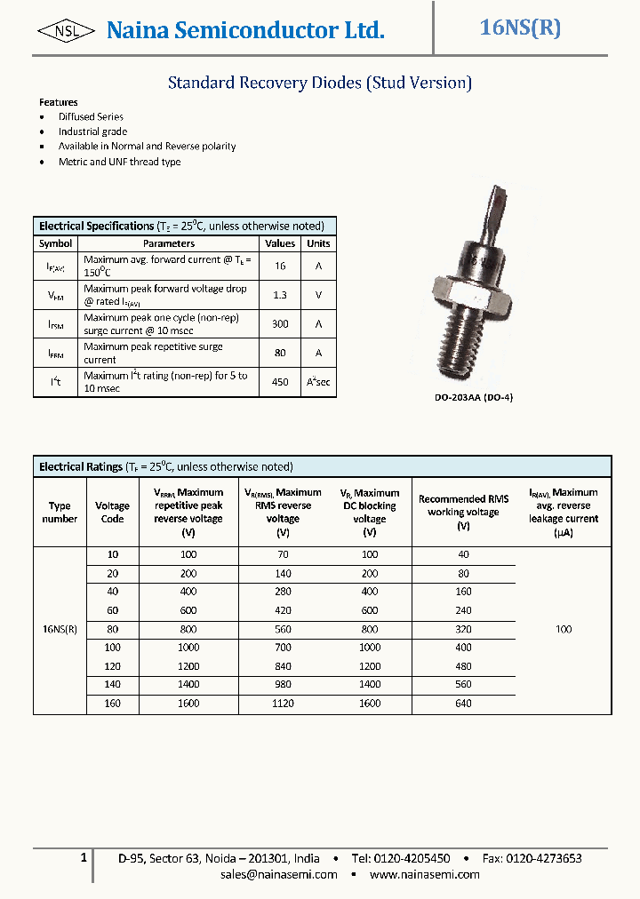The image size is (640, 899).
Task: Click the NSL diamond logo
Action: click(67, 31)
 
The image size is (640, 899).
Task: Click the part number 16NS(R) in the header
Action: click(520, 28)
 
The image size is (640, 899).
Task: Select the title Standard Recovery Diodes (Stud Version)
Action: click(320, 83)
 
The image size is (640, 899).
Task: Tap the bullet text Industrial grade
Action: click(92, 131)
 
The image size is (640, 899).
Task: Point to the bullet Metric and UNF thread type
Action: click(119, 162)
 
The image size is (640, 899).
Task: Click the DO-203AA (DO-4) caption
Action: click(474, 397)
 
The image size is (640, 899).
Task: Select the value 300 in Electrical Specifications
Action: click(280, 324)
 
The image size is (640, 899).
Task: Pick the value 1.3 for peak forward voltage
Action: click(280, 295)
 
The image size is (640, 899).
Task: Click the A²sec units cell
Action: click(318, 382)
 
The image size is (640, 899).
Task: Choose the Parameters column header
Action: click(169, 243)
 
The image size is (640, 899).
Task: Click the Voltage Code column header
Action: click(112, 513)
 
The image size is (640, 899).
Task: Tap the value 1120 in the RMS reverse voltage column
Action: click(283, 704)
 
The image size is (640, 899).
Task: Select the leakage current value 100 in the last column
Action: click(564, 629)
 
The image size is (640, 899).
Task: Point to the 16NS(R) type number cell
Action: click(60, 629)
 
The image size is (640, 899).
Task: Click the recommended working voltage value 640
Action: click(463, 704)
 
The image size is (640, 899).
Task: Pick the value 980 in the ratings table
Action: click(283, 685)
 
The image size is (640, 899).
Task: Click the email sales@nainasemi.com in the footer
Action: click(279, 874)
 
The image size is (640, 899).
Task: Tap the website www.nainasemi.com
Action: click(424, 874)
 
